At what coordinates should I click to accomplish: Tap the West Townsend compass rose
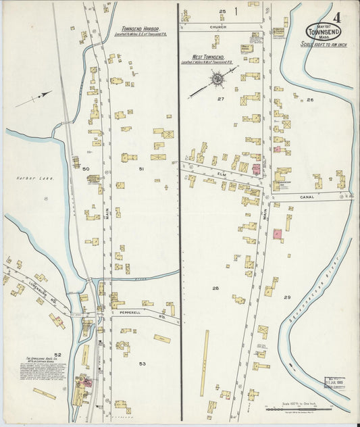(x=217, y=80)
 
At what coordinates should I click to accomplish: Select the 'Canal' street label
(x=301, y=197)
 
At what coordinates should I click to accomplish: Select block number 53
(x=143, y=363)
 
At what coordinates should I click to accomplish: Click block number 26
(x=310, y=100)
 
